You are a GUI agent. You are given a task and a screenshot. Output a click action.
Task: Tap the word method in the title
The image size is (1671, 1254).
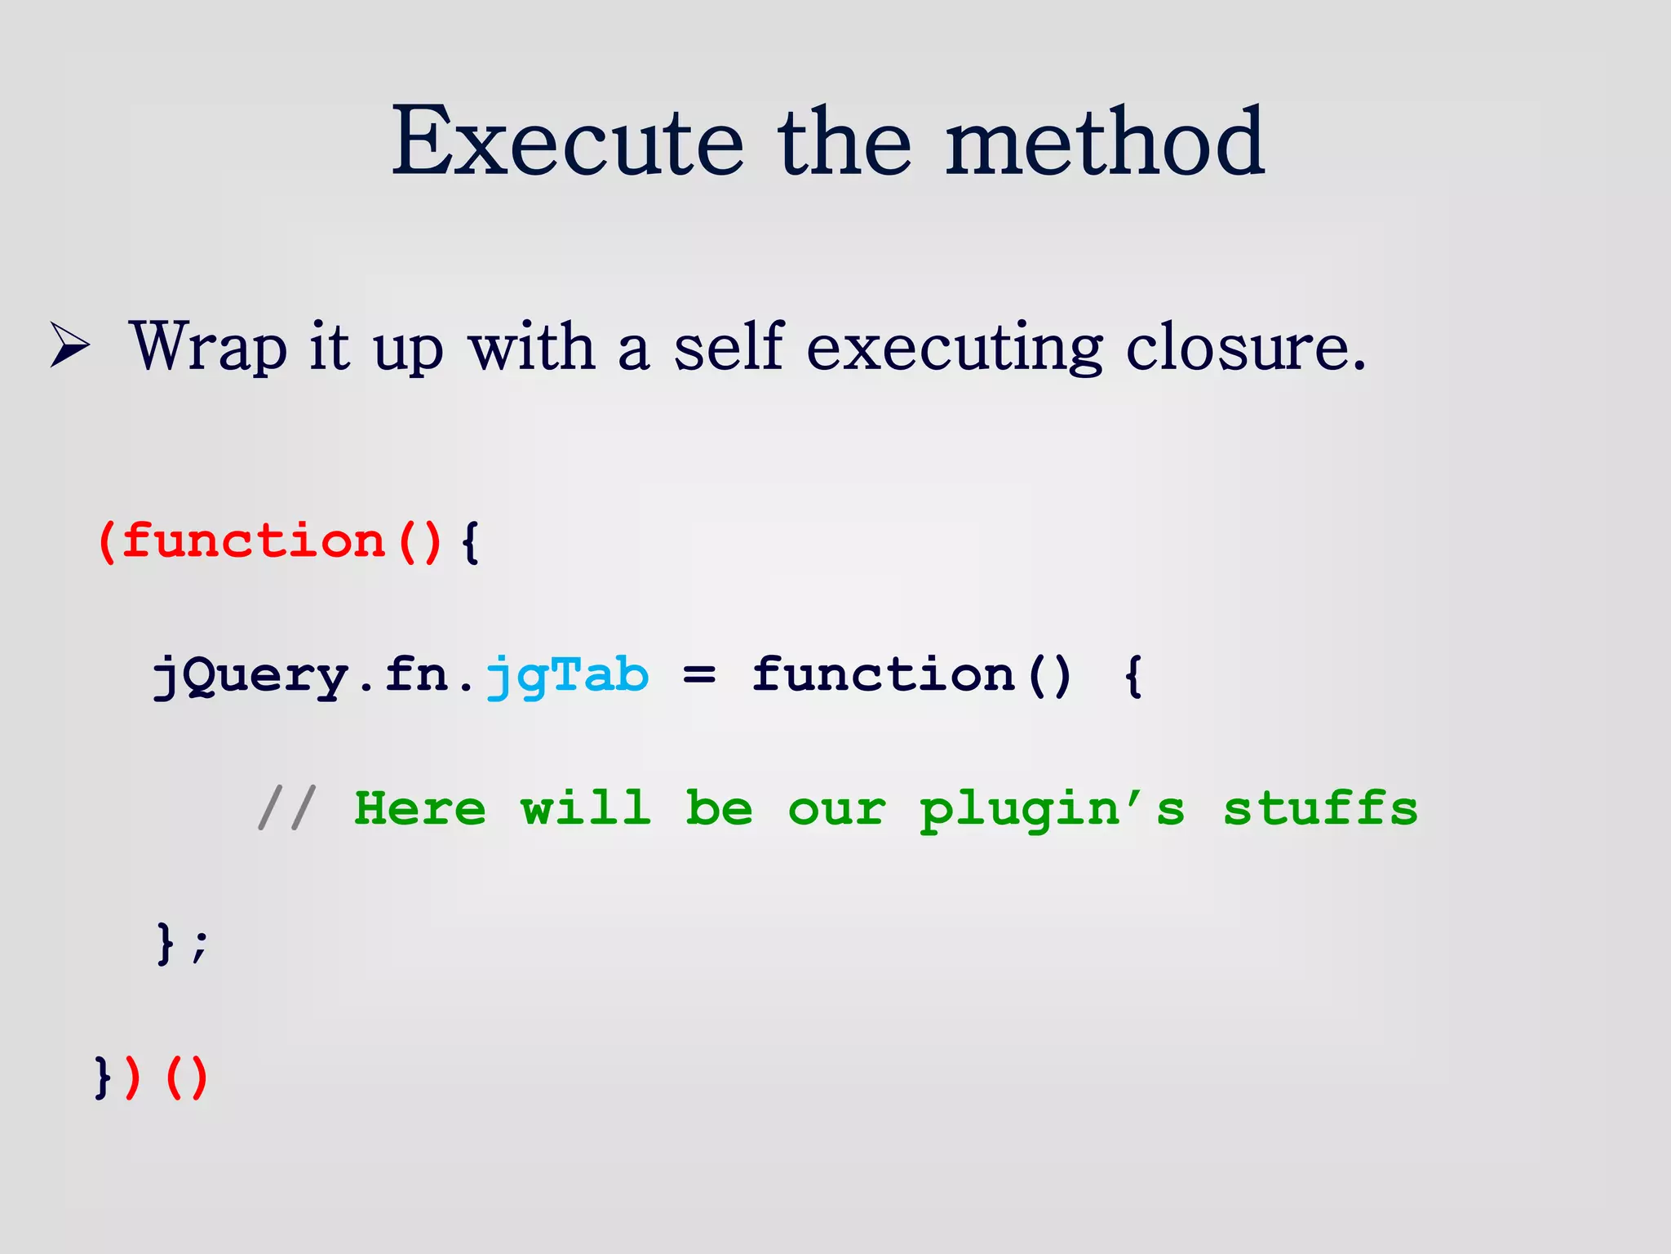point(1105,142)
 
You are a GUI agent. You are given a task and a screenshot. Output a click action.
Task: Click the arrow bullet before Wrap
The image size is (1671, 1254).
point(69,346)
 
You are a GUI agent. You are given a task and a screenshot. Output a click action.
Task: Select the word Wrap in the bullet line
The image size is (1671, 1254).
point(208,348)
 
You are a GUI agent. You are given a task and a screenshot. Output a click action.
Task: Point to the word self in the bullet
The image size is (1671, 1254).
point(729,346)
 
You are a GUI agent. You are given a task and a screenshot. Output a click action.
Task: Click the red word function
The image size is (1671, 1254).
point(253,541)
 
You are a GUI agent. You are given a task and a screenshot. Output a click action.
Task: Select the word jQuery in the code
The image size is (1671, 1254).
point(251,677)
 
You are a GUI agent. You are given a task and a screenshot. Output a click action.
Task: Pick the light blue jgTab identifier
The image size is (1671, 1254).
point(568,677)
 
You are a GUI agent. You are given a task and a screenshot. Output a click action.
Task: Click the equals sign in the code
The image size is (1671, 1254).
point(699,675)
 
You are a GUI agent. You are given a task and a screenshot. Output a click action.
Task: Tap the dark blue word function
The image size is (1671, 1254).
point(884,675)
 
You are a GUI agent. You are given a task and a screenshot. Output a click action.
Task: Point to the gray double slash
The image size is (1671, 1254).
point(286,808)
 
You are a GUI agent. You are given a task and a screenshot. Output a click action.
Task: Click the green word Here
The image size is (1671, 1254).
point(420,808)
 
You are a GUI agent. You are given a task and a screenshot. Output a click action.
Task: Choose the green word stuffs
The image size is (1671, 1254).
point(1320,808)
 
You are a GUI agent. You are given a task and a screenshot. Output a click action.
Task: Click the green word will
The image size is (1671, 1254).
point(586,808)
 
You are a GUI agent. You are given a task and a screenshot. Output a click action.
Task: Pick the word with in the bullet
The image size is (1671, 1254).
point(532,346)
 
